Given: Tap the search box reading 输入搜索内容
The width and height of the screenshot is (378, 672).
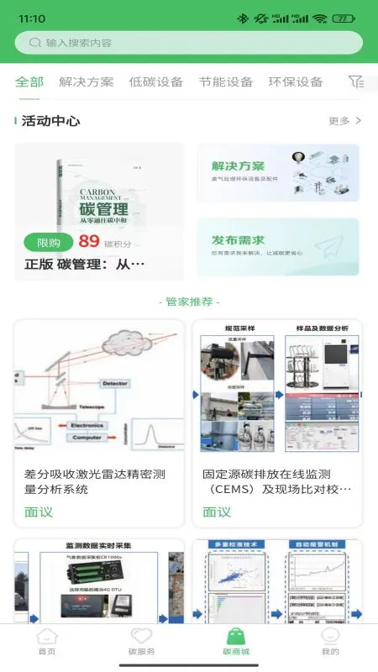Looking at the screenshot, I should (x=189, y=43).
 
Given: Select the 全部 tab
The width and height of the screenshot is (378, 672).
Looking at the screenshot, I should (x=29, y=81).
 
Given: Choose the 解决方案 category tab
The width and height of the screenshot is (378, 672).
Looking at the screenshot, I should (x=86, y=81).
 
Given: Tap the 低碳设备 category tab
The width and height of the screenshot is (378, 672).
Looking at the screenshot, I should (x=155, y=81).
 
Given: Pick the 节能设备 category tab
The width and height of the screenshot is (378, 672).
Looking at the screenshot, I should (x=225, y=81).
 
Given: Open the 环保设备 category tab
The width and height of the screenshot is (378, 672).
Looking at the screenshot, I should (x=295, y=81).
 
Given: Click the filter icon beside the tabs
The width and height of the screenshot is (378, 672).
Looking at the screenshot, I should (x=356, y=81).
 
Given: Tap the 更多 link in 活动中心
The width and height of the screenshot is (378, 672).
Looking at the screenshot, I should (x=344, y=121).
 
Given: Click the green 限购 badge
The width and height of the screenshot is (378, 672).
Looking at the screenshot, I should (x=49, y=243).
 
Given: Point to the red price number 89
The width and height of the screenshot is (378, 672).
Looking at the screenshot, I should (x=89, y=242).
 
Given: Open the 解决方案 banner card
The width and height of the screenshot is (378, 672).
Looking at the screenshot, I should (x=277, y=172).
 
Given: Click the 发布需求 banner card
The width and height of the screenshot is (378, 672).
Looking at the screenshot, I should (x=277, y=247).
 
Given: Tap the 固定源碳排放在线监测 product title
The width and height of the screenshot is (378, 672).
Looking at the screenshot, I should (x=276, y=481).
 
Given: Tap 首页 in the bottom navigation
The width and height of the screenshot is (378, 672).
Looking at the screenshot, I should (x=47, y=643).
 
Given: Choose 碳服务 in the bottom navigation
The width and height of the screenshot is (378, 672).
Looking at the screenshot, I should (x=141, y=643).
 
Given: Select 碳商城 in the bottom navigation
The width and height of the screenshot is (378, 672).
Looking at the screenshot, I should (x=236, y=643).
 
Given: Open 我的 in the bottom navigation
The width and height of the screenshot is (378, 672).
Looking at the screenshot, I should (x=330, y=643).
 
